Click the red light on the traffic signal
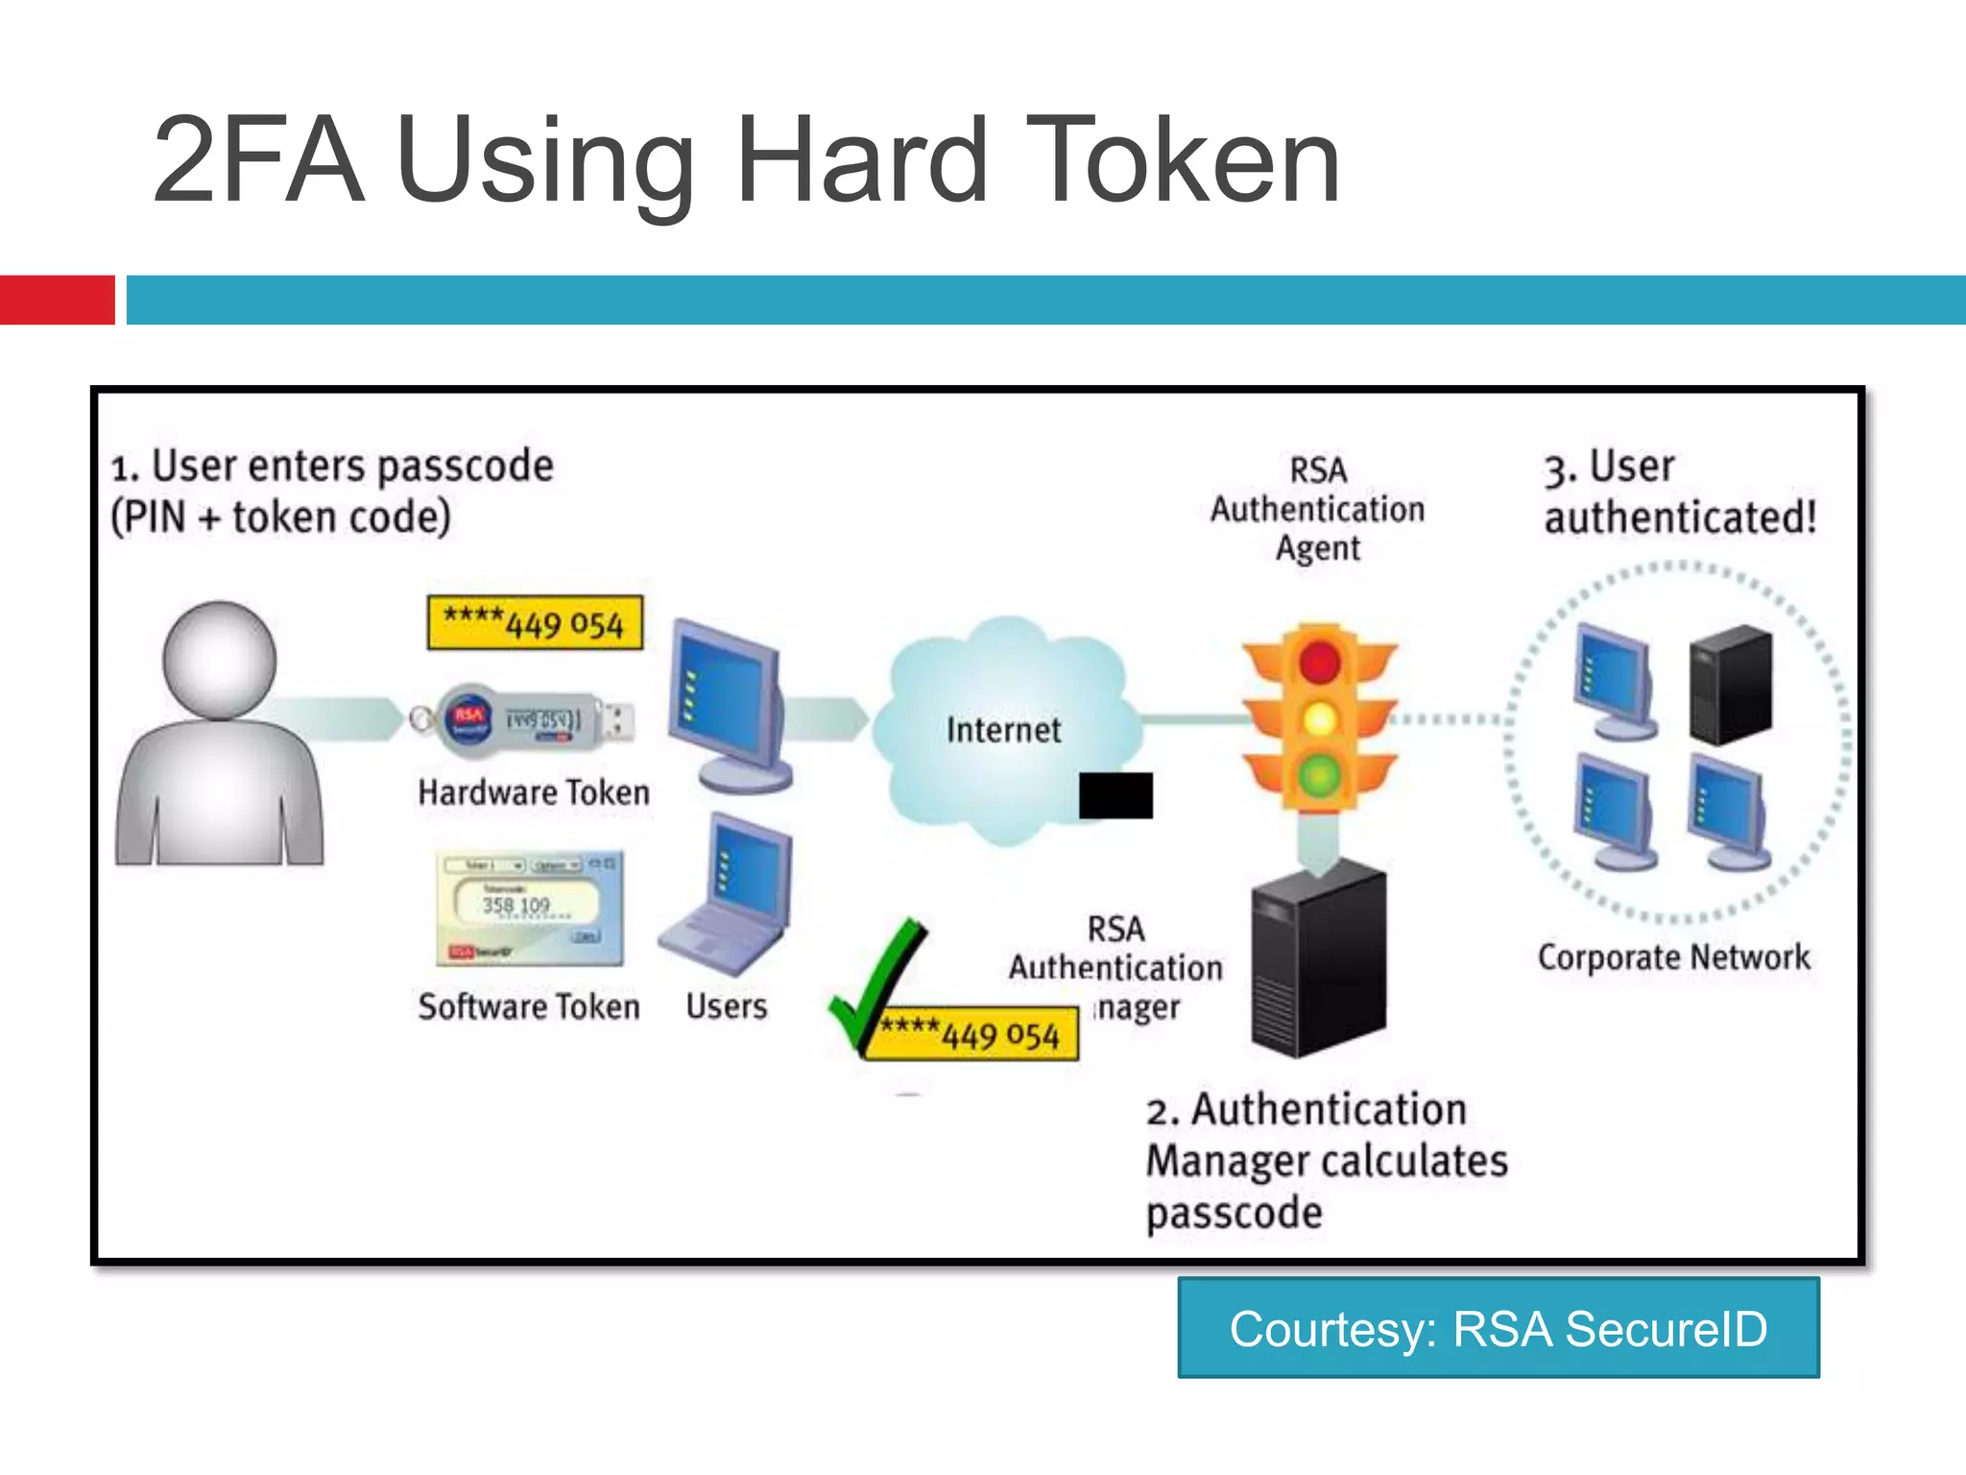tap(1320, 663)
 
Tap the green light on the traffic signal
tap(1320, 774)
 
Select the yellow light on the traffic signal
tap(1320, 718)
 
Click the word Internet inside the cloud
tap(1003, 730)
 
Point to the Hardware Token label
tap(534, 792)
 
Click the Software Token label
tap(529, 1006)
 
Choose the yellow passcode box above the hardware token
tap(535, 623)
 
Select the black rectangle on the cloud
tap(1115, 795)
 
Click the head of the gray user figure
tap(220, 660)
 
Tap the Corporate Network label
tap(1673, 957)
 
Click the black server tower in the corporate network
tap(1731, 685)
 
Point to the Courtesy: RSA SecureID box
tap(1498, 1328)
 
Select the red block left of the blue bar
tap(57, 300)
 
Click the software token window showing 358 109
tap(530, 907)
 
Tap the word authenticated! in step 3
tap(1680, 518)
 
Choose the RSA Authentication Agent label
tap(1317, 509)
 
